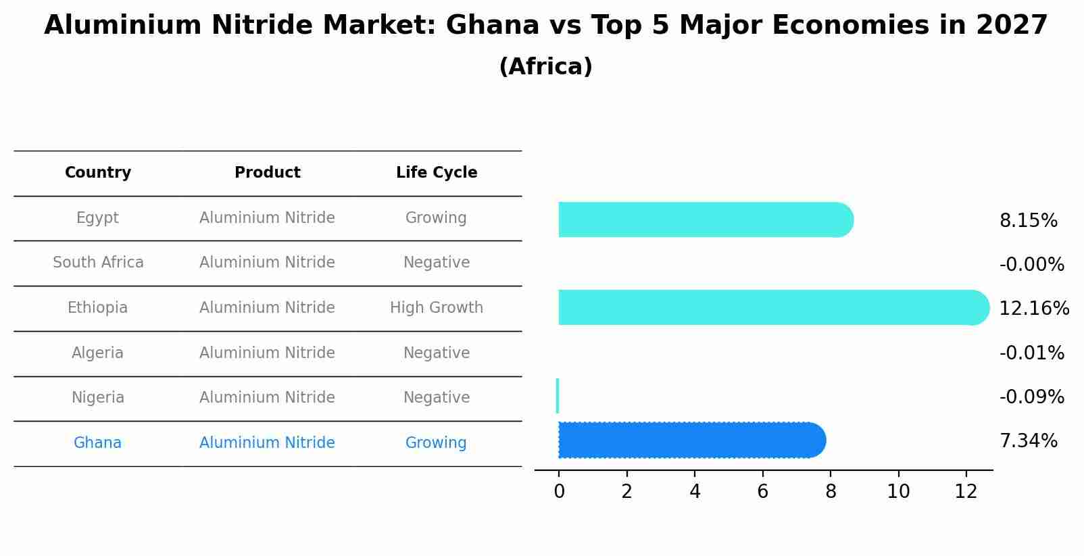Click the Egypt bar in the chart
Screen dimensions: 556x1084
point(703,220)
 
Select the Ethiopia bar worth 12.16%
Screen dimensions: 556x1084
point(770,307)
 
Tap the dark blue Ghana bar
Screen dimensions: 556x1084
point(689,440)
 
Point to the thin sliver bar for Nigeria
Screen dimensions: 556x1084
point(558,396)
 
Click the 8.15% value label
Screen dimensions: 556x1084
point(1028,221)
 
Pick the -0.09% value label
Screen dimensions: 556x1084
point(1031,397)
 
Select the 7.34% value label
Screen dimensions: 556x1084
point(1028,441)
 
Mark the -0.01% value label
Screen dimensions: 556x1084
point(1031,353)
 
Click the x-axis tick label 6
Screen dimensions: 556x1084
point(762,492)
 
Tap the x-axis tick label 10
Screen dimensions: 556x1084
point(898,492)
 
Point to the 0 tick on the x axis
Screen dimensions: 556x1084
point(559,492)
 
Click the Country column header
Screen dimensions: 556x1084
point(98,173)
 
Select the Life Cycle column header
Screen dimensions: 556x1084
point(437,173)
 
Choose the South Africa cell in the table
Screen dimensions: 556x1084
point(98,263)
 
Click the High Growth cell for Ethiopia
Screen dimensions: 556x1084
point(437,308)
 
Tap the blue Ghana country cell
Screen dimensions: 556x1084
point(98,443)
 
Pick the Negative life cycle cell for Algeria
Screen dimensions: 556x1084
point(437,353)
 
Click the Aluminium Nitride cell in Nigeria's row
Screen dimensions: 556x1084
point(267,398)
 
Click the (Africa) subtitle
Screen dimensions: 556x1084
point(545,67)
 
